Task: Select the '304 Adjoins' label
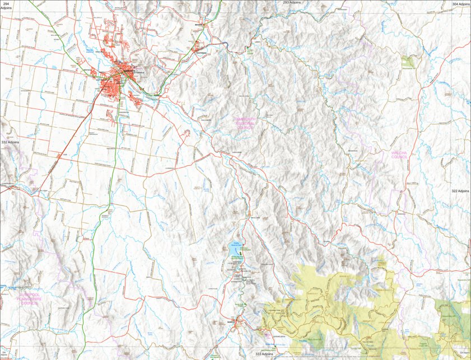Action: (460, 4)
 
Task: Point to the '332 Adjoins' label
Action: (10, 143)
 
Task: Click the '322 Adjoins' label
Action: (460, 191)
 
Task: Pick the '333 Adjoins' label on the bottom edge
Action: (264, 354)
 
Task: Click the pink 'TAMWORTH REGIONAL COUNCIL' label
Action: (245, 123)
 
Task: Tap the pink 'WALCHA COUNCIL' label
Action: (403, 155)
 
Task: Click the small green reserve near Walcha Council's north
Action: (409, 61)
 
